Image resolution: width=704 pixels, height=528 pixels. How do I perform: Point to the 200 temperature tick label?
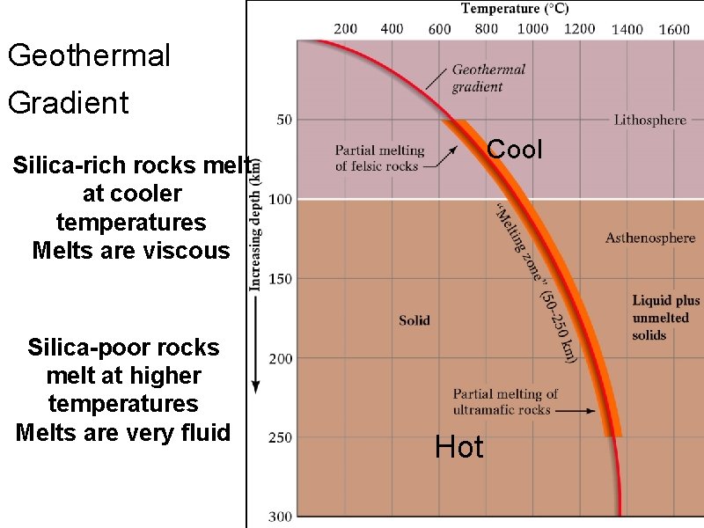pos(346,29)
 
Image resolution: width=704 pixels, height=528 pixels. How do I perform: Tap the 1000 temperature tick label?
pos(532,29)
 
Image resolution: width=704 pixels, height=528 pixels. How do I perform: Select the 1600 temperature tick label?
pos(674,29)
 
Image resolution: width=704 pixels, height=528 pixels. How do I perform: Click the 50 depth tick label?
pos(284,120)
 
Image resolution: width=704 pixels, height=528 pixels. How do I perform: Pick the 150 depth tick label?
pos(281,279)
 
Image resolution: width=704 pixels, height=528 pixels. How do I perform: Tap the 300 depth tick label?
pos(281,517)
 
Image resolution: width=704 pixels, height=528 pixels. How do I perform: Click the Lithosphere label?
pos(650,120)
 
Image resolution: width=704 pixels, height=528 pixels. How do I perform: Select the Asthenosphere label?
pos(650,238)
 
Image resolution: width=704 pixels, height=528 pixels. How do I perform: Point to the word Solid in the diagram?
pos(414,320)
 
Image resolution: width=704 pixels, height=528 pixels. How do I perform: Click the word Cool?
pos(515,150)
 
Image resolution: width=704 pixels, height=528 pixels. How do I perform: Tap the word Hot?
pos(459,448)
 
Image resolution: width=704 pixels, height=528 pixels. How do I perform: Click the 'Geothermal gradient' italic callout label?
pos(488,77)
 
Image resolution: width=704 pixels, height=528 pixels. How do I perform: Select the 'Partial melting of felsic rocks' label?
pos(379,158)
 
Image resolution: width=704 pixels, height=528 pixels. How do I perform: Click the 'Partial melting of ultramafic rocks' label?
pos(504,401)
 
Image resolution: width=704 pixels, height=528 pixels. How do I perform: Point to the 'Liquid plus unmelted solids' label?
pos(665,318)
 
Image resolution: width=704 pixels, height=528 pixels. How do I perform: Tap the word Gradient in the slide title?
pos(68,103)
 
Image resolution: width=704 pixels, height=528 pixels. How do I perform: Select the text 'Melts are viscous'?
pos(130,251)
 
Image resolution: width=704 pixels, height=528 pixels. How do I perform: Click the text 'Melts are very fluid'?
pos(123,432)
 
